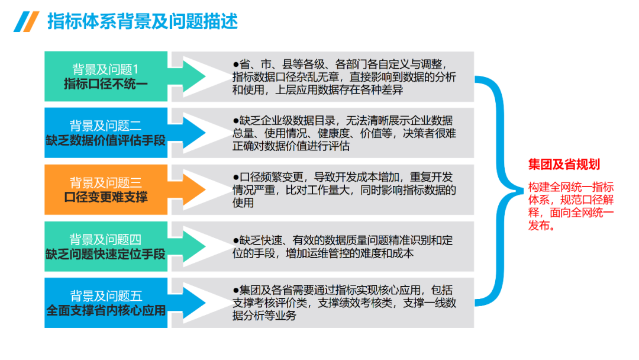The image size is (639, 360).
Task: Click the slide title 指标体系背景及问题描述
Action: coord(142,21)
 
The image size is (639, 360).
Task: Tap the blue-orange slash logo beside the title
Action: coord(27,21)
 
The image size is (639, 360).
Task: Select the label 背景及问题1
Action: coord(105,69)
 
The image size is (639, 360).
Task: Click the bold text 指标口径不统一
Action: coord(105,84)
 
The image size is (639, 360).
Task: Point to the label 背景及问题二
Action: coord(105,126)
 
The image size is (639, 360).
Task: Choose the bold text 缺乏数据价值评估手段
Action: coord(105,141)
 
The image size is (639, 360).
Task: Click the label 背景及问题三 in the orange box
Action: coord(105,182)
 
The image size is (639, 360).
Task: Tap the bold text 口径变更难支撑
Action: coord(105,197)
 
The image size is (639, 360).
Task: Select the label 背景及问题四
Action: coord(105,239)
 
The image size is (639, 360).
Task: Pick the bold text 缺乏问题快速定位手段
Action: coord(105,254)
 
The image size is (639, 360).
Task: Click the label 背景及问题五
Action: coord(105,295)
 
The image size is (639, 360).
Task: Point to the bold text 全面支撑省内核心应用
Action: coord(105,310)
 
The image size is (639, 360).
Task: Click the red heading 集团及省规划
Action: coord(564,165)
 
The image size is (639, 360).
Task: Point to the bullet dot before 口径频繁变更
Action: coord(235,176)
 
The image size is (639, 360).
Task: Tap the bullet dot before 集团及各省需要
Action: coord(235,290)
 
